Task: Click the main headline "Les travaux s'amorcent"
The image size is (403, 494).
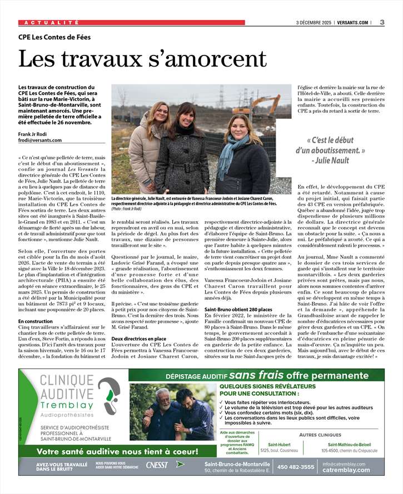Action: pos(143,59)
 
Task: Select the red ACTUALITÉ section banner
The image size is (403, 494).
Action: pos(132,23)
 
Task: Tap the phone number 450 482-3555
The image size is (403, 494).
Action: pos(296,467)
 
